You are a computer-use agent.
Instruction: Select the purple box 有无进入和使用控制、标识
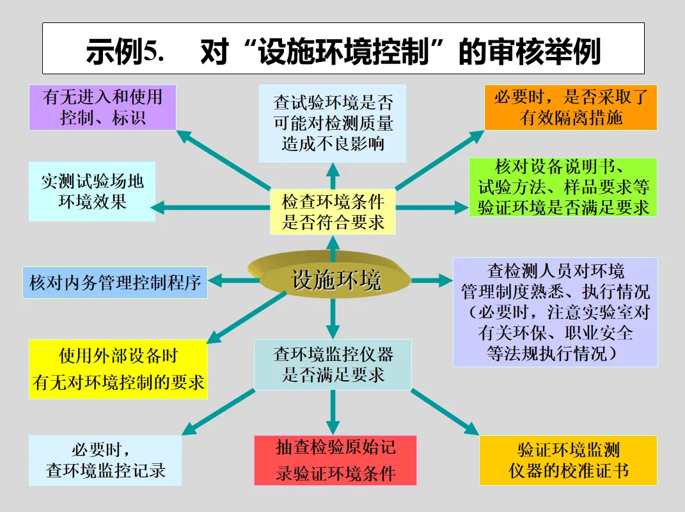point(103,108)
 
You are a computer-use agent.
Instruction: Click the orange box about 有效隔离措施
point(571,108)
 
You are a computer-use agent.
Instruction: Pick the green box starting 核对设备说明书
point(563,187)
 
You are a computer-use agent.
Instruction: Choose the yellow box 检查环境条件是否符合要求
point(333,212)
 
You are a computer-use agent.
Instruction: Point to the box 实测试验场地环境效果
point(92,191)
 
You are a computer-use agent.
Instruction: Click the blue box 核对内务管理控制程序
point(115,282)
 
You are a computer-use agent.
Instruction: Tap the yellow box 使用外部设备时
point(118,369)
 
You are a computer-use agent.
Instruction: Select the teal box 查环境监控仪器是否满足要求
point(333,364)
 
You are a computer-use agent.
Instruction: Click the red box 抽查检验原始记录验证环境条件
point(335,460)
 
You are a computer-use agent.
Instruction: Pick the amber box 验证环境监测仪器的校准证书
point(568,461)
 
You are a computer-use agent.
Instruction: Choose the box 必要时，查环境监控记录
point(106,460)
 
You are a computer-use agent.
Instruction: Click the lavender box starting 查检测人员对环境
point(555,312)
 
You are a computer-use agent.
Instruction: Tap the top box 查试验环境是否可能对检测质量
point(333,124)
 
